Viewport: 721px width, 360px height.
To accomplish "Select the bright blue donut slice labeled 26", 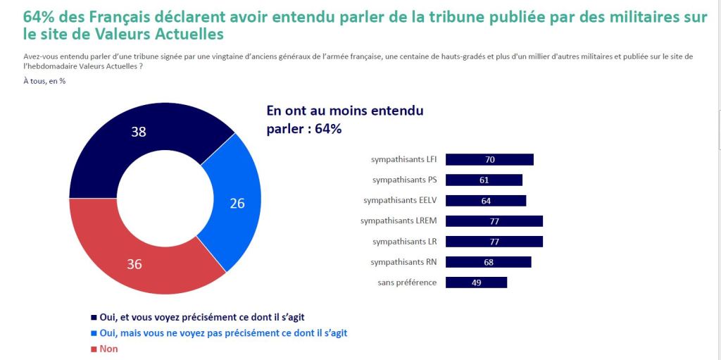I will point(236,202).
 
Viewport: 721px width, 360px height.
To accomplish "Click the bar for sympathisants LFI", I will point(490,160).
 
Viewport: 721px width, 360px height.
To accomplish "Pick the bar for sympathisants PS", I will point(484,180).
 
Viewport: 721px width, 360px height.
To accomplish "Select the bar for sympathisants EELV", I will point(487,201).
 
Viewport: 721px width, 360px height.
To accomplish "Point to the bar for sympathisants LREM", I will point(494,221).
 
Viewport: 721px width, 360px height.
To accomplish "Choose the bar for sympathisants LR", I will point(494,242).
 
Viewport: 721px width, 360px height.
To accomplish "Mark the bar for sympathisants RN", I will point(489,262).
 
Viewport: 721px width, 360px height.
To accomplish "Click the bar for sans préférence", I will point(477,283).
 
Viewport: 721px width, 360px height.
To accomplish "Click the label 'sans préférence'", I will point(408,283).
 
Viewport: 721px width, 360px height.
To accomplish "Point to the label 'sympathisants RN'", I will point(403,262).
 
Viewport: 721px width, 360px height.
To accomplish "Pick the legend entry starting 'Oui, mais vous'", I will point(219,333).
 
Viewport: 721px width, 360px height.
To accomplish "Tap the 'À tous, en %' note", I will point(44,81).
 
